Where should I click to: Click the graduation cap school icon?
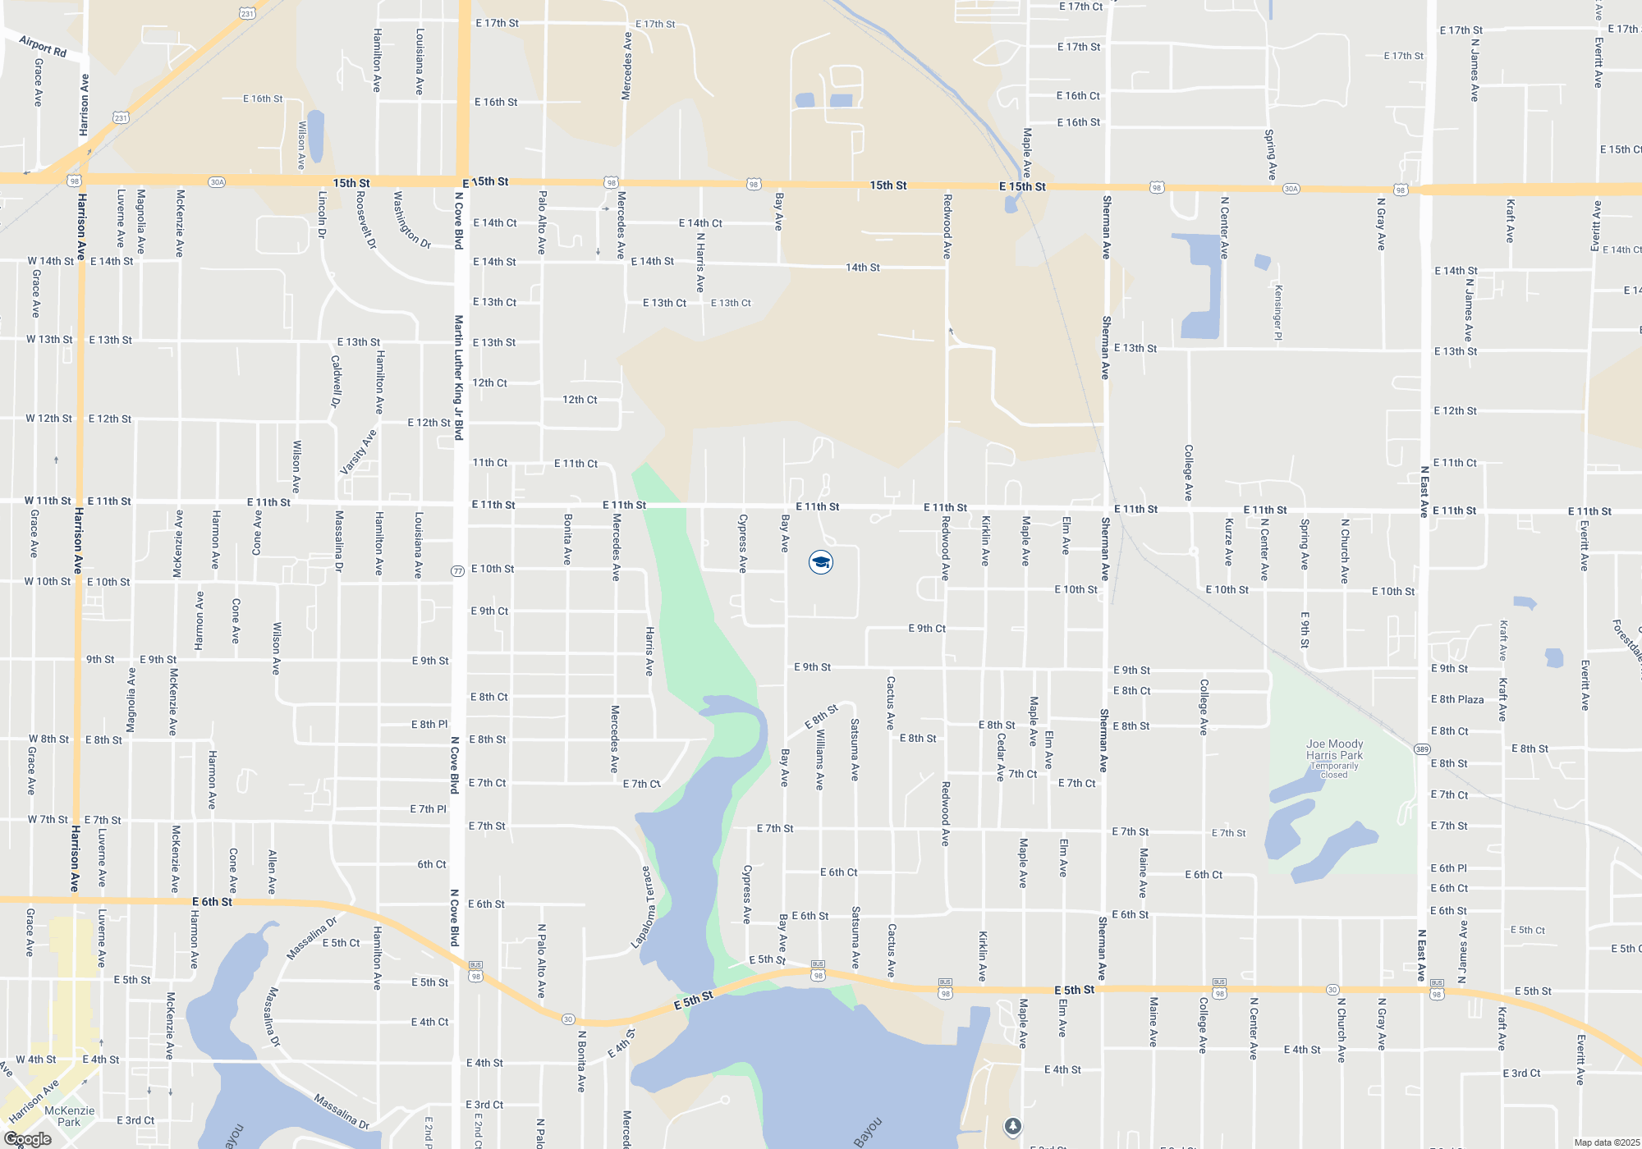coord(821,562)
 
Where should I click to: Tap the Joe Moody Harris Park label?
coord(1334,749)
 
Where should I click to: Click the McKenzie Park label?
coord(69,1116)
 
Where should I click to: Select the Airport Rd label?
coord(43,46)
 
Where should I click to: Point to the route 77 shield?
coord(458,571)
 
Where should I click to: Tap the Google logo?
coord(28,1139)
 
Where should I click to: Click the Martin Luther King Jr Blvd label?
coord(459,378)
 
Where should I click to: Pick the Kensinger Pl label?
coord(1278,312)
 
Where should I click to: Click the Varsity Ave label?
coord(359,451)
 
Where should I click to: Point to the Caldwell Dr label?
coord(336,381)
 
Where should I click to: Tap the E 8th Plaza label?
coord(1457,700)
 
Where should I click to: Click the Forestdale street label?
coord(1627,640)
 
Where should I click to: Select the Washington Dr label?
coord(411,220)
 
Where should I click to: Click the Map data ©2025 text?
coord(1606,1142)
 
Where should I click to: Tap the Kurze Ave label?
coord(1229,542)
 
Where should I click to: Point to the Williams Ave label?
coord(819,761)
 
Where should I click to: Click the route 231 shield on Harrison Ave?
coord(121,118)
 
